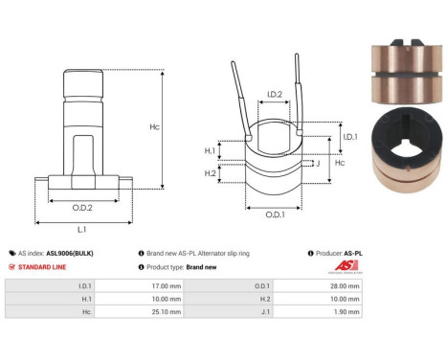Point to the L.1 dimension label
click(82, 230)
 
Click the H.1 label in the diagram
click(209, 150)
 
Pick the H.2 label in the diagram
click(209, 173)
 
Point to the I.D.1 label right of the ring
click(349, 138)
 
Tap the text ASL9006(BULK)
click(71, 253)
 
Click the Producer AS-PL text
click(340, 253)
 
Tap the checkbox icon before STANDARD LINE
click(11, 267)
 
